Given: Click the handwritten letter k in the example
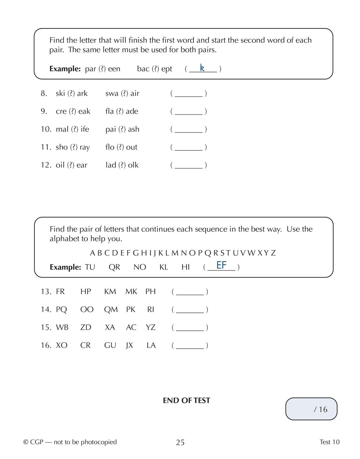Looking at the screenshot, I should [202, 68].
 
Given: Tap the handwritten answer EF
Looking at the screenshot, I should [221, 265].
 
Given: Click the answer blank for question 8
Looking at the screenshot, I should [188, 94].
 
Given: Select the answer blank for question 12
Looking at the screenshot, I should [188, 165].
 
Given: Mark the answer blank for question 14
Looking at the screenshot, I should [190, 310].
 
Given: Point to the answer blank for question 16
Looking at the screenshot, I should [190, 346].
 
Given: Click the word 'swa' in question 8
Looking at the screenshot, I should [112, 93].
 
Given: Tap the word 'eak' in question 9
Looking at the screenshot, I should [84, 111].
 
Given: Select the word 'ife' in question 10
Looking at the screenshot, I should [85, 129].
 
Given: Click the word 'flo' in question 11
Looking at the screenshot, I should [110, 147].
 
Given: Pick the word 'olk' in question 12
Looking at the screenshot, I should [133, 165].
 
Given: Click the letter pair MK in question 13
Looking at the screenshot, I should [131, 292].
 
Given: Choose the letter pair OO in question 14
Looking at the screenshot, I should [87, 309].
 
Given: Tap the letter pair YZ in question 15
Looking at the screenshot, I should [151, 327].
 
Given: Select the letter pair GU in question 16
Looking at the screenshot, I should [110, 345].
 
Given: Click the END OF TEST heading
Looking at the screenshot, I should [186, 401].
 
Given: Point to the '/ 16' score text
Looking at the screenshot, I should [320, 409].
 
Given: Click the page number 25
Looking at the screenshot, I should [180, 442].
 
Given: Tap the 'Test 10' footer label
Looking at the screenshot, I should [329, 442].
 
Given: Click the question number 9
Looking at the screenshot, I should [44, 111].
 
